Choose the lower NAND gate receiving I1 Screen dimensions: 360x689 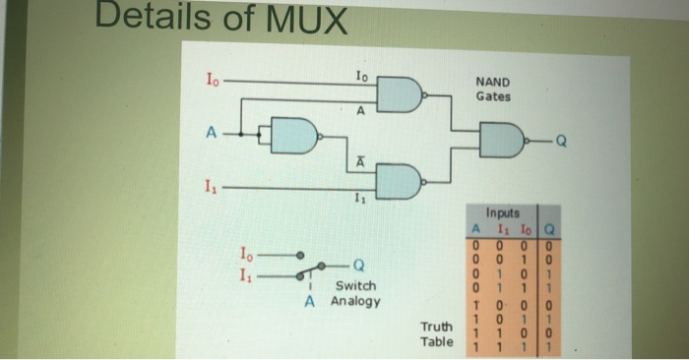pyautogui.click(x=401, y=181)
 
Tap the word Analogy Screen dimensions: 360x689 pyautogui.click(x=355, y=301)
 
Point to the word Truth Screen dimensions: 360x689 pyautogui.click(x=436, y=327)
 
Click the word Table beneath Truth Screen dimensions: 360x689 pyautogui.click(x=436, y=341)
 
